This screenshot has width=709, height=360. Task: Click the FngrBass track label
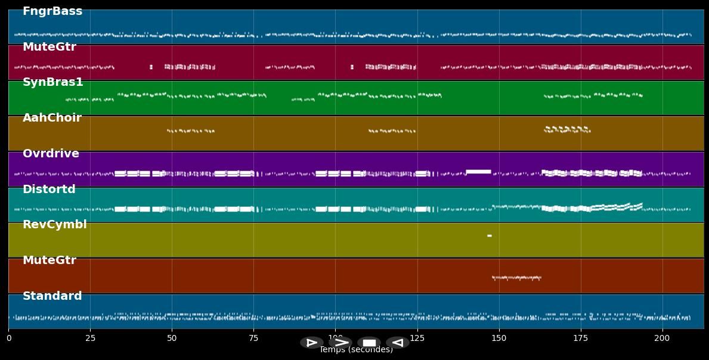point(52,11)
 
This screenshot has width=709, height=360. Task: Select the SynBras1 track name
point(53,82)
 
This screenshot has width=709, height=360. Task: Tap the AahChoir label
point(52,118)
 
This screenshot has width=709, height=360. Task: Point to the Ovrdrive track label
point(51,154)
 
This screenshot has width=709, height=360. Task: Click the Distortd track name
point(49,190)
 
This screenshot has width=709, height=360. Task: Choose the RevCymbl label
point(55,225)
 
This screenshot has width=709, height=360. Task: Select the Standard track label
point(52,296)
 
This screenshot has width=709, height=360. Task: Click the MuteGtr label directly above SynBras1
point(49,47)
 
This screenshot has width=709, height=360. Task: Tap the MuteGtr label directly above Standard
point(49,260)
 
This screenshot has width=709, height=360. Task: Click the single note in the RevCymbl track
point(490,235)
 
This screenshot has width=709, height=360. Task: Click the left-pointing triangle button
point(397,343)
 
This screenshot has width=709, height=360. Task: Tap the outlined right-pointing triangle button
point(311,343)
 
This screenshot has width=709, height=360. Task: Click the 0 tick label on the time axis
point(9,339)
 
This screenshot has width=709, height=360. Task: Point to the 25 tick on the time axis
point(90,339)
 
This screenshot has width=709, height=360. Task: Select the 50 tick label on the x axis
point(172,339)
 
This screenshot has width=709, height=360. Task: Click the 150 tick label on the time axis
point(499,339)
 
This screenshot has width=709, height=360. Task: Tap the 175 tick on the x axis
point(581,339)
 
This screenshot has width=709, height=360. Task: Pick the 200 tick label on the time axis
point(662,339)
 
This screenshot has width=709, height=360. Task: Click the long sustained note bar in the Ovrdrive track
point(478,172)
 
